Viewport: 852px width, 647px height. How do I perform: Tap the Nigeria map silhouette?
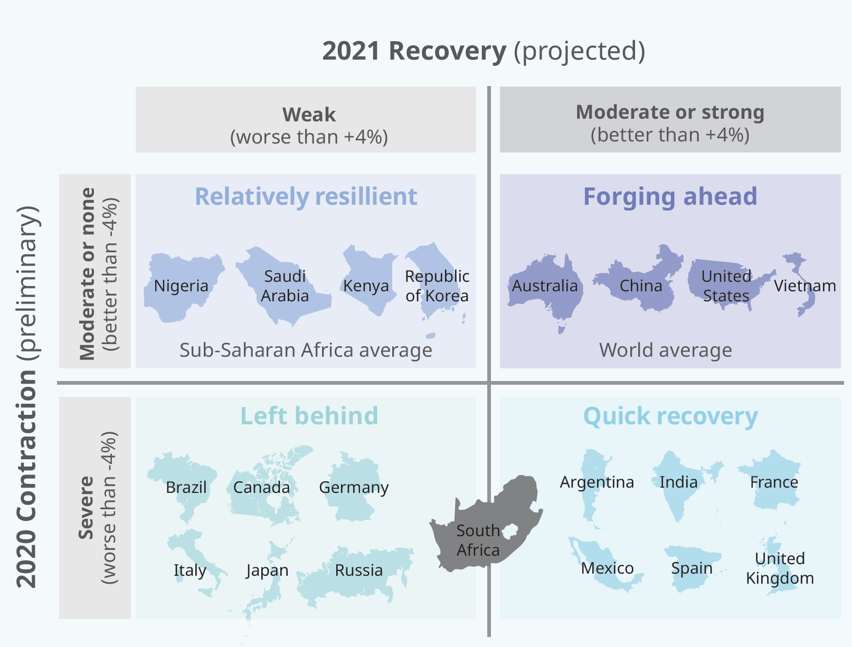coord(183,288)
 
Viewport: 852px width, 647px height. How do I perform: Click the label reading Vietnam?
coord(805,286)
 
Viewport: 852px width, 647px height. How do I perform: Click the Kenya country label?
coord(366,286)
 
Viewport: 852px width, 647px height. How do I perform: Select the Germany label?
coord(354,488)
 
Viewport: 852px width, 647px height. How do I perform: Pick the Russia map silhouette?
coord(355,574)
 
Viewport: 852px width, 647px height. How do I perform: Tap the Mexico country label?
coord(608,568)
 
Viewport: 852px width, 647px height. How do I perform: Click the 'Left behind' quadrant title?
coord(309,416)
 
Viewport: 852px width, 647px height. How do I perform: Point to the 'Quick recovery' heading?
coord(671,416)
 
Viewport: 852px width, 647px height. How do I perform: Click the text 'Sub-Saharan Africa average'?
coord(306,350)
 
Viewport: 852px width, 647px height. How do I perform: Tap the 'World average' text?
coord(666,350)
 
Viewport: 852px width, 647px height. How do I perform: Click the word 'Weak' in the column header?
coord(309,115)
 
